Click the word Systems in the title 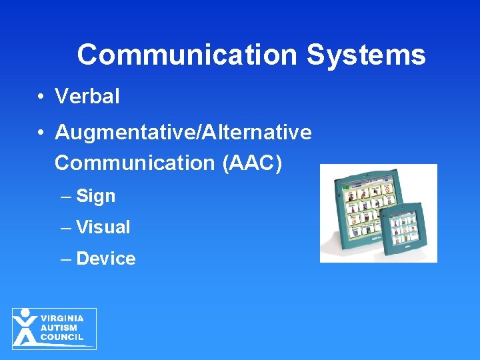(366, 55)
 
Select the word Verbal (87, 97)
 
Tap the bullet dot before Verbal (41, 97)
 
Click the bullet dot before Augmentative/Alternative (41, 133)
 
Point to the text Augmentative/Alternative (183, 133)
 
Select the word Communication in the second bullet (133, 163)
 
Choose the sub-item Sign (96, 196)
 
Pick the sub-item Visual (103, 227)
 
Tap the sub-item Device (106, 259)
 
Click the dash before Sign (65, 197)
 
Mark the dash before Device (65, 259)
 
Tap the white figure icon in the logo (25, 327)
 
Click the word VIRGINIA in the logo (62, 319)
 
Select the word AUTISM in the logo (59, 328)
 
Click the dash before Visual (65, 228)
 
